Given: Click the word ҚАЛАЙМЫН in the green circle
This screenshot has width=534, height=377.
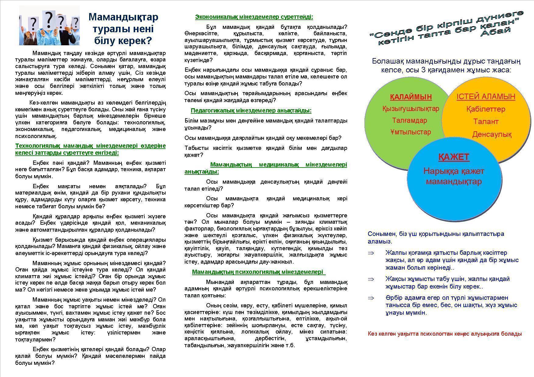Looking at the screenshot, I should [x=411, y=97].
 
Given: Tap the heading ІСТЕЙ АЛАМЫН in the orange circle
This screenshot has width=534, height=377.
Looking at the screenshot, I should [x=486, y=97].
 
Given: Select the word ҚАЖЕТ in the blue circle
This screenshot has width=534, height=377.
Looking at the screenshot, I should [x=454, y=157].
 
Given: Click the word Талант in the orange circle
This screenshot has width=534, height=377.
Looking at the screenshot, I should [x=486, y=122].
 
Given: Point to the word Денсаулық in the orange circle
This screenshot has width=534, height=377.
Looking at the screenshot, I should [x=492, y=134].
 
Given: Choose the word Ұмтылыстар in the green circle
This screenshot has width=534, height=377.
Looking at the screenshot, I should [x=411, y=132].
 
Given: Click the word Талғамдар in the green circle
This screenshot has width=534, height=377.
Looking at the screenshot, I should [x=409, y=120].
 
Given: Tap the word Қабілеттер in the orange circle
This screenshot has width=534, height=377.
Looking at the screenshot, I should [x=486, y=109].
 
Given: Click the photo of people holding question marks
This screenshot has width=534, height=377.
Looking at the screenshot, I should [x=49, y=26].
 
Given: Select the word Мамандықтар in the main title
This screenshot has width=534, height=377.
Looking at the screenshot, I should [x=123, y=17].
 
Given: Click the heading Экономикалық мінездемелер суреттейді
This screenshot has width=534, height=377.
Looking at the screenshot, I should [x=254, y=17].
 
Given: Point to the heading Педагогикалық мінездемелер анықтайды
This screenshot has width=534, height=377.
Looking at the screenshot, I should [x=251, y=110].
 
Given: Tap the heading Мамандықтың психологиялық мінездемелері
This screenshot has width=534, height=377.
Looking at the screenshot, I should [x=258, y=272].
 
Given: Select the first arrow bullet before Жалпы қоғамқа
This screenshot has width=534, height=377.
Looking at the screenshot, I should [x=371, y=253].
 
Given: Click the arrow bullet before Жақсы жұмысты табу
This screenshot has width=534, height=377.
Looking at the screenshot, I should [x=371, y=279].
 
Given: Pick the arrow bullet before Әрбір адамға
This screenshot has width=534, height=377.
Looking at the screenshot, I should [x=371, y=298].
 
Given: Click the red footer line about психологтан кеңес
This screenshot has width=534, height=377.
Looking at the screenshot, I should [x=444, y=334].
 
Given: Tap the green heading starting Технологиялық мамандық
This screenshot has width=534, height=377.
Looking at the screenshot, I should [x=90, y=149].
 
